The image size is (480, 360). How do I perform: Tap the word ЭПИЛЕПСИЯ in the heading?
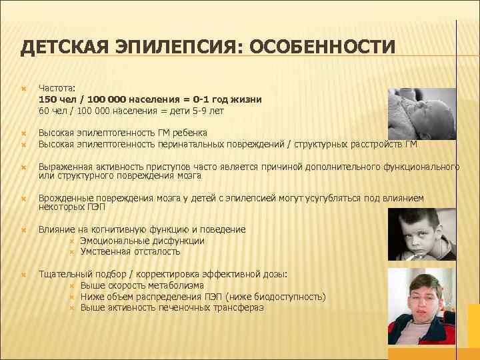point(164,48)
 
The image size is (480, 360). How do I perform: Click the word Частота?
point(57,87)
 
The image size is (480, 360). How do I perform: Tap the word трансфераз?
point(240,307)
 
